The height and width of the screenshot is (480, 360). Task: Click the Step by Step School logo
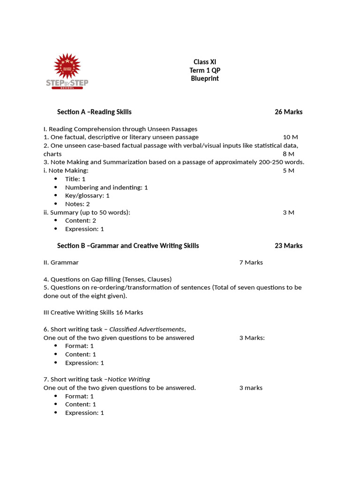point(67,71)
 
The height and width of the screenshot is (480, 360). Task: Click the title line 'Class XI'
point(205,62)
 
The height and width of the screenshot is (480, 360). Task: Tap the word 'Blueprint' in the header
point(205,78)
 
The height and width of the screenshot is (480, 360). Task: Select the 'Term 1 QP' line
point(205,70)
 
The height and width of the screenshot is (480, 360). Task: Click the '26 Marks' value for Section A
point(288,112)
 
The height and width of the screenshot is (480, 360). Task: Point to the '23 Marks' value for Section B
point(288,246)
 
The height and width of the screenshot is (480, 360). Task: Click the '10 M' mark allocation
point(290,137)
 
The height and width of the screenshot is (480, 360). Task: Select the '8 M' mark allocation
point(288,154)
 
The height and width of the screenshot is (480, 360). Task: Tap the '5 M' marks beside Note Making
point(288,170)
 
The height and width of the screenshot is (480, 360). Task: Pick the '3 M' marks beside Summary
point(288,212)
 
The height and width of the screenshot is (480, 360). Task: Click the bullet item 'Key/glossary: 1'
point(87,195)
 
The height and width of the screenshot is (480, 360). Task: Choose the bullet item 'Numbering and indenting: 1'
point(106,187)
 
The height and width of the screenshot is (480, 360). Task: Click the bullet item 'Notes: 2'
point(77,204)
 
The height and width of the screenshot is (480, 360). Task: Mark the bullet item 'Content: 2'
point(81,220)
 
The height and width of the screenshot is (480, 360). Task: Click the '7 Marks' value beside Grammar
point(251,262)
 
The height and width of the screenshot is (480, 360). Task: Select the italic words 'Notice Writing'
point(129,379)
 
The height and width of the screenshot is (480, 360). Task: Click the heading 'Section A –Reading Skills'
point(94,112)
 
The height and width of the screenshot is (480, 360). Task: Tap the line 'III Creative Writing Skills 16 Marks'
point(93,312)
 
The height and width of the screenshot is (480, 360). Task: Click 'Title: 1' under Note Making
point(75,179)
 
